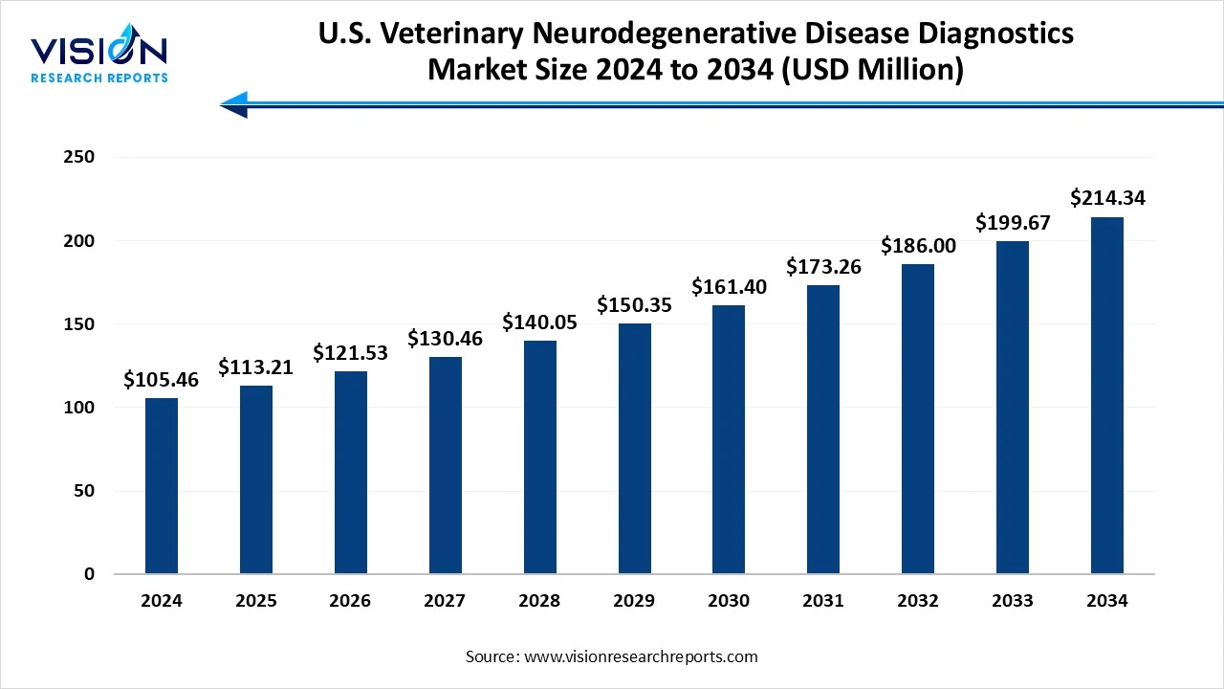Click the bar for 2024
point(162,486)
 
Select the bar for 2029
point(634,449)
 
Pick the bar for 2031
point(823,430)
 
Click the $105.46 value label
point(162,380)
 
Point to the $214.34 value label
point(1107,199)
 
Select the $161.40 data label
point(729,287)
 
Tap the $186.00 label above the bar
point(918,246)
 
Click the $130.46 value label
point(445,339)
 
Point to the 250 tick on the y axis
point(80,157)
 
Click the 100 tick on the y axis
point(80,408)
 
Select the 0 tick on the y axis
point(89,574)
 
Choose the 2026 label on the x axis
point(350,601)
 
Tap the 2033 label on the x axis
point(1013,601)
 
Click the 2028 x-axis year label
point(539,601)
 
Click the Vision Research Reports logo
point(99,57)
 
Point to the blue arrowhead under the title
point(234,103)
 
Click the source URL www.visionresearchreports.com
point(639,656)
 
